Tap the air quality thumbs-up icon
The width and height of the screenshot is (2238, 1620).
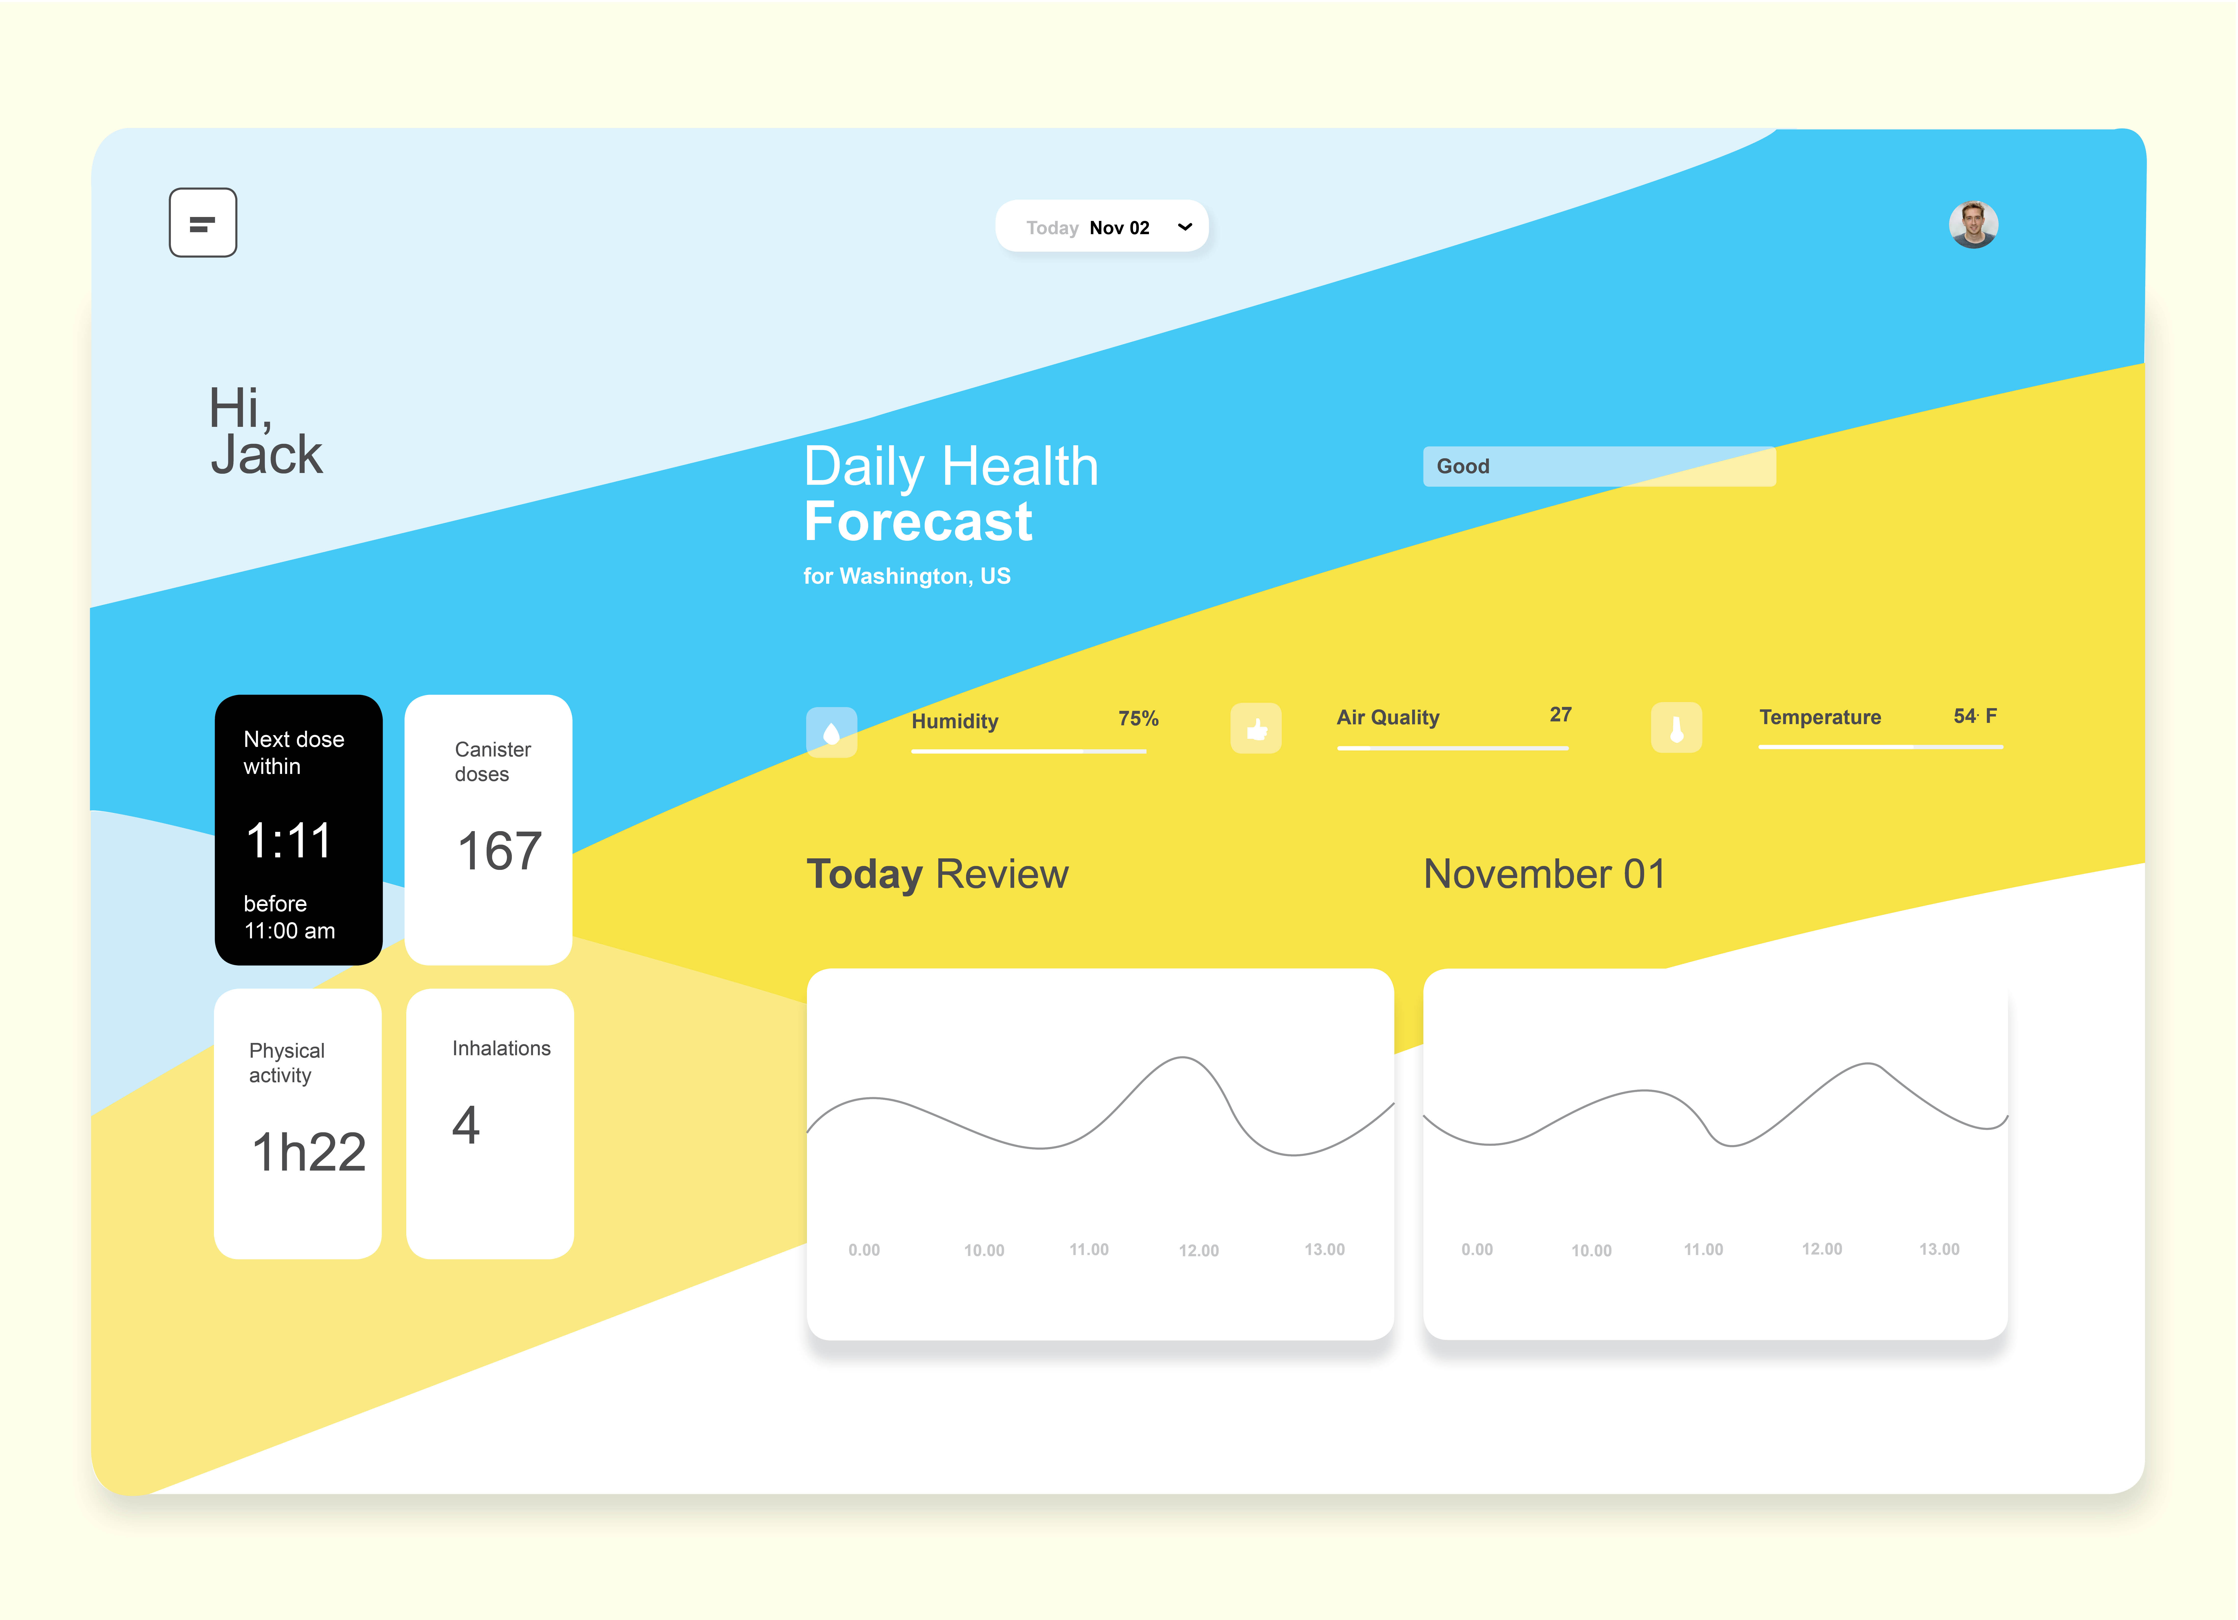point(1256,729)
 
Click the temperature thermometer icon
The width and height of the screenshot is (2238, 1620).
point(1677,728)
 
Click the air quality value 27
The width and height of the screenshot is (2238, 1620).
point(1560,714)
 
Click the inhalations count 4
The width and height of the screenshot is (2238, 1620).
point(466,1125)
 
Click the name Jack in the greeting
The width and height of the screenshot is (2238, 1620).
point(266,455)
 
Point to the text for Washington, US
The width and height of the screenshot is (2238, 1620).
point(907,576)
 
